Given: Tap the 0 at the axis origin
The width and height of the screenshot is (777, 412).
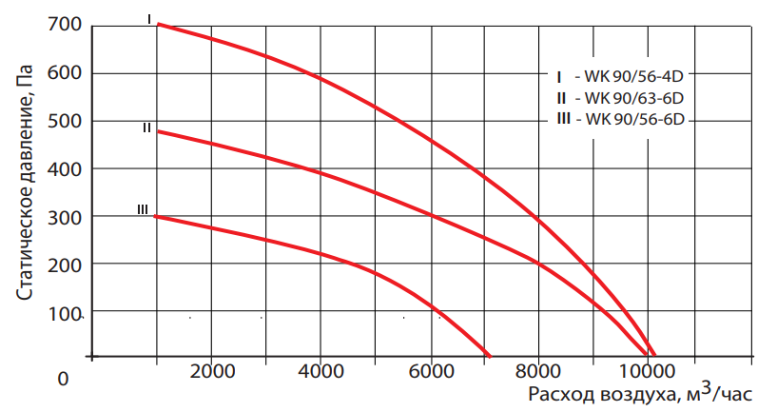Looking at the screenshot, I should click(64, 379).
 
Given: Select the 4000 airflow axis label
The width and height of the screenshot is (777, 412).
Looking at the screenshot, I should click(321, 371).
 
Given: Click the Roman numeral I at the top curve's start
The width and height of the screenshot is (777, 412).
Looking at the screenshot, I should click(149, 18).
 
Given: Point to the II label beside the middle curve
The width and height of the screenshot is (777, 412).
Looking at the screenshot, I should click(146, 128).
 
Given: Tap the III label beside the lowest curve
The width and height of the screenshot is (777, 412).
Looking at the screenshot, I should click(143, 209).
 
